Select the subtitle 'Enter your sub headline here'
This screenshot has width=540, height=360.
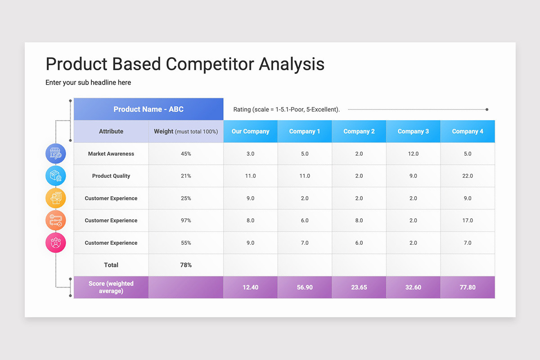pos(88,82)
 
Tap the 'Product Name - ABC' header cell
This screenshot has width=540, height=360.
pos(148,109)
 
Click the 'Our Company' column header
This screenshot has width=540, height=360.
pos(250,131)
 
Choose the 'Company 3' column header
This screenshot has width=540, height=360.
pos(413,131)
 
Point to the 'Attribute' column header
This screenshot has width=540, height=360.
pos(111,131)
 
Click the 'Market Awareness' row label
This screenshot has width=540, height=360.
pos(111,154)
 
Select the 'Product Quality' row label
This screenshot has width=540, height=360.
pos(111,176)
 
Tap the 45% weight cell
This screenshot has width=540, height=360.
pos(186,154)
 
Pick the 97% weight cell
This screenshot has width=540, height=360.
pos(186,220)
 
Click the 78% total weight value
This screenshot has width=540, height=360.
pos(186,265)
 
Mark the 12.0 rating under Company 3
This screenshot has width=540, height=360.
pos(413,154)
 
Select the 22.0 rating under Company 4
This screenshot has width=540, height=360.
pos(468,176)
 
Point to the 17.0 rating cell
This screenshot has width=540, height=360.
pos(468,220)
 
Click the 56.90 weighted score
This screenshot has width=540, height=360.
pos(305,287)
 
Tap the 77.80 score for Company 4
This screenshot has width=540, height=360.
pos(468,287)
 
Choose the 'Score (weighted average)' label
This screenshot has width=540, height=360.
pos(111,287)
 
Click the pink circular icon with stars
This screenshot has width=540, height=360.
pos(55,243)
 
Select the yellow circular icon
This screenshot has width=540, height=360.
pos(55,198)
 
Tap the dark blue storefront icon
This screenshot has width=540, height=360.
pos(55,153)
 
